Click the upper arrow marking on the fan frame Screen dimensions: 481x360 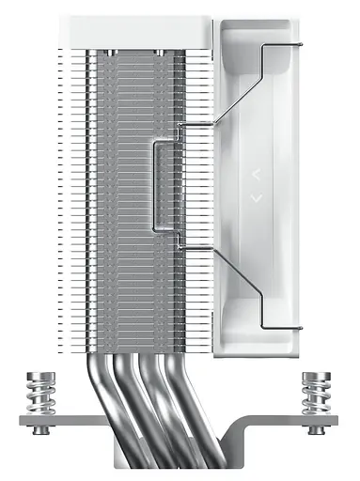coord(255,174)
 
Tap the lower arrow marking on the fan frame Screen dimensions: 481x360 coord(255,198)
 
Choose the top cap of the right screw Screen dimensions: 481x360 coord(315,376)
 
